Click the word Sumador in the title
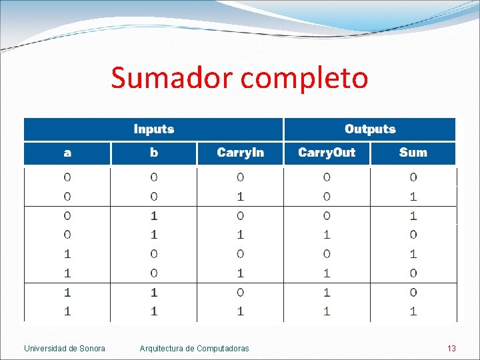(x=173, y=77)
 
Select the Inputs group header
(x=153, y=129)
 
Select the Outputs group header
(x=370, y=129)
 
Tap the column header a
(x=67, y=153)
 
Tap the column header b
(x=154, y=153)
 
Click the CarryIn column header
(x=240, y=153)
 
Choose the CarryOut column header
(x=327, y=153)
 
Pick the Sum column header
(x=413, y=153)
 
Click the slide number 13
(x=451, y=349)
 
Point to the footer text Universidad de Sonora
(x=65, y=349)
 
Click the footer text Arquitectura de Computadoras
(x=194, y=349)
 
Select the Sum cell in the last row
(x=413, y=311)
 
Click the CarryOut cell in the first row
(x=327, y=177)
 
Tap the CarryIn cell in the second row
(x=240, y=197)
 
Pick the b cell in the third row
(x=154, y=215)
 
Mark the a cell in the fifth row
(x=67, y=253)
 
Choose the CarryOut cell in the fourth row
(x=327, y=235)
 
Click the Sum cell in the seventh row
(x=413, y=292)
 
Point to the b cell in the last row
(x=154, y=311)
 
